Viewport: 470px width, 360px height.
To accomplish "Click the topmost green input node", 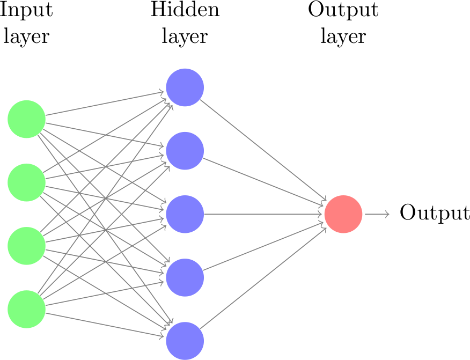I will pyautogui.click(x=26, y=119).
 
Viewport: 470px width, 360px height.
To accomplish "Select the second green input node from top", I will pyautogui.click(x=26, y=182).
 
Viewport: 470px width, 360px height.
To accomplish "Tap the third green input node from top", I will pyautogui.click(x=26, y=246).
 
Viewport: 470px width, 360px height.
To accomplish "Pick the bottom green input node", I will pyautogui.click(x=26, y=309).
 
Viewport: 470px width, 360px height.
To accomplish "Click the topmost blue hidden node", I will pyautogui.click(x=185, y=87).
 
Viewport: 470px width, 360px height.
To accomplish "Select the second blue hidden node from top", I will pyautogui.click(x=185, y=151).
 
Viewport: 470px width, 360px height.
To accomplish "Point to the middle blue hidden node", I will pyautogui.click(x=185, y=214).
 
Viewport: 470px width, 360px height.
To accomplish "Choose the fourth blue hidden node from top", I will pyautogui.click(x=185, y=277).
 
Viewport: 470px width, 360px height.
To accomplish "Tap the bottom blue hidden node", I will pyautogui.click(x=185, y=341).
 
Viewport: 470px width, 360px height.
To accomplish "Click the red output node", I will pyautogui.click(x=343, y=214).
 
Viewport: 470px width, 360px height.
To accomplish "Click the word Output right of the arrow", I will pyautogui.click(x=435, y=213).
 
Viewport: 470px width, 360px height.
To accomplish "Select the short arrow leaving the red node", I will pyautogui.click(x=377, y=214).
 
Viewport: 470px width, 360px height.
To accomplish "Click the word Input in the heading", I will pyautogui.click(x=26, y=11).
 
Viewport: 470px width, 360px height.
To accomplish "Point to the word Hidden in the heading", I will pyautogui.click(x=185, y=10).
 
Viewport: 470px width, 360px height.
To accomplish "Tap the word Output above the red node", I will pyautogui.click(x=343, y=11).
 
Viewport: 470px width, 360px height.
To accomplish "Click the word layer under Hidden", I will pyautogui.click(x=185, y=36).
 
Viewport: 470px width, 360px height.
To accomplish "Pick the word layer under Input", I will pyautogui.click(x=26, y=36).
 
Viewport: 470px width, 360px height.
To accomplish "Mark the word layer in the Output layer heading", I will pyautogui.click(x=343, y=36).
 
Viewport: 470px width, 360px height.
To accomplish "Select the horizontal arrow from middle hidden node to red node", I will pyautogui.click(x=263, y=214).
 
